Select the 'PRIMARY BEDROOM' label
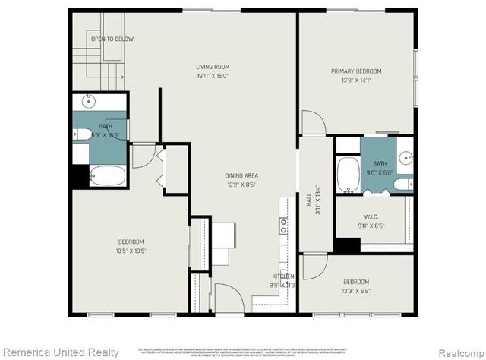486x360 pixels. [x=355, y=71]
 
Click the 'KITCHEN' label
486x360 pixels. [x=283, y=276]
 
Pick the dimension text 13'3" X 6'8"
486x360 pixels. [x=355, y=289]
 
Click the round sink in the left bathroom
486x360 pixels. [x=89, y=101]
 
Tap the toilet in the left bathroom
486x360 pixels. [x=80, y=134]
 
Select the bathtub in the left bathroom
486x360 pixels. [x=106, y=177]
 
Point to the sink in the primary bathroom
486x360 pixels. [x=405, y=159]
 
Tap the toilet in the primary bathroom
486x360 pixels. [x=406, y=182]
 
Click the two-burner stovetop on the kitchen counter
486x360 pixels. [x=283, y=224]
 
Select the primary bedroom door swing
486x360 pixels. [x=313, y=122]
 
